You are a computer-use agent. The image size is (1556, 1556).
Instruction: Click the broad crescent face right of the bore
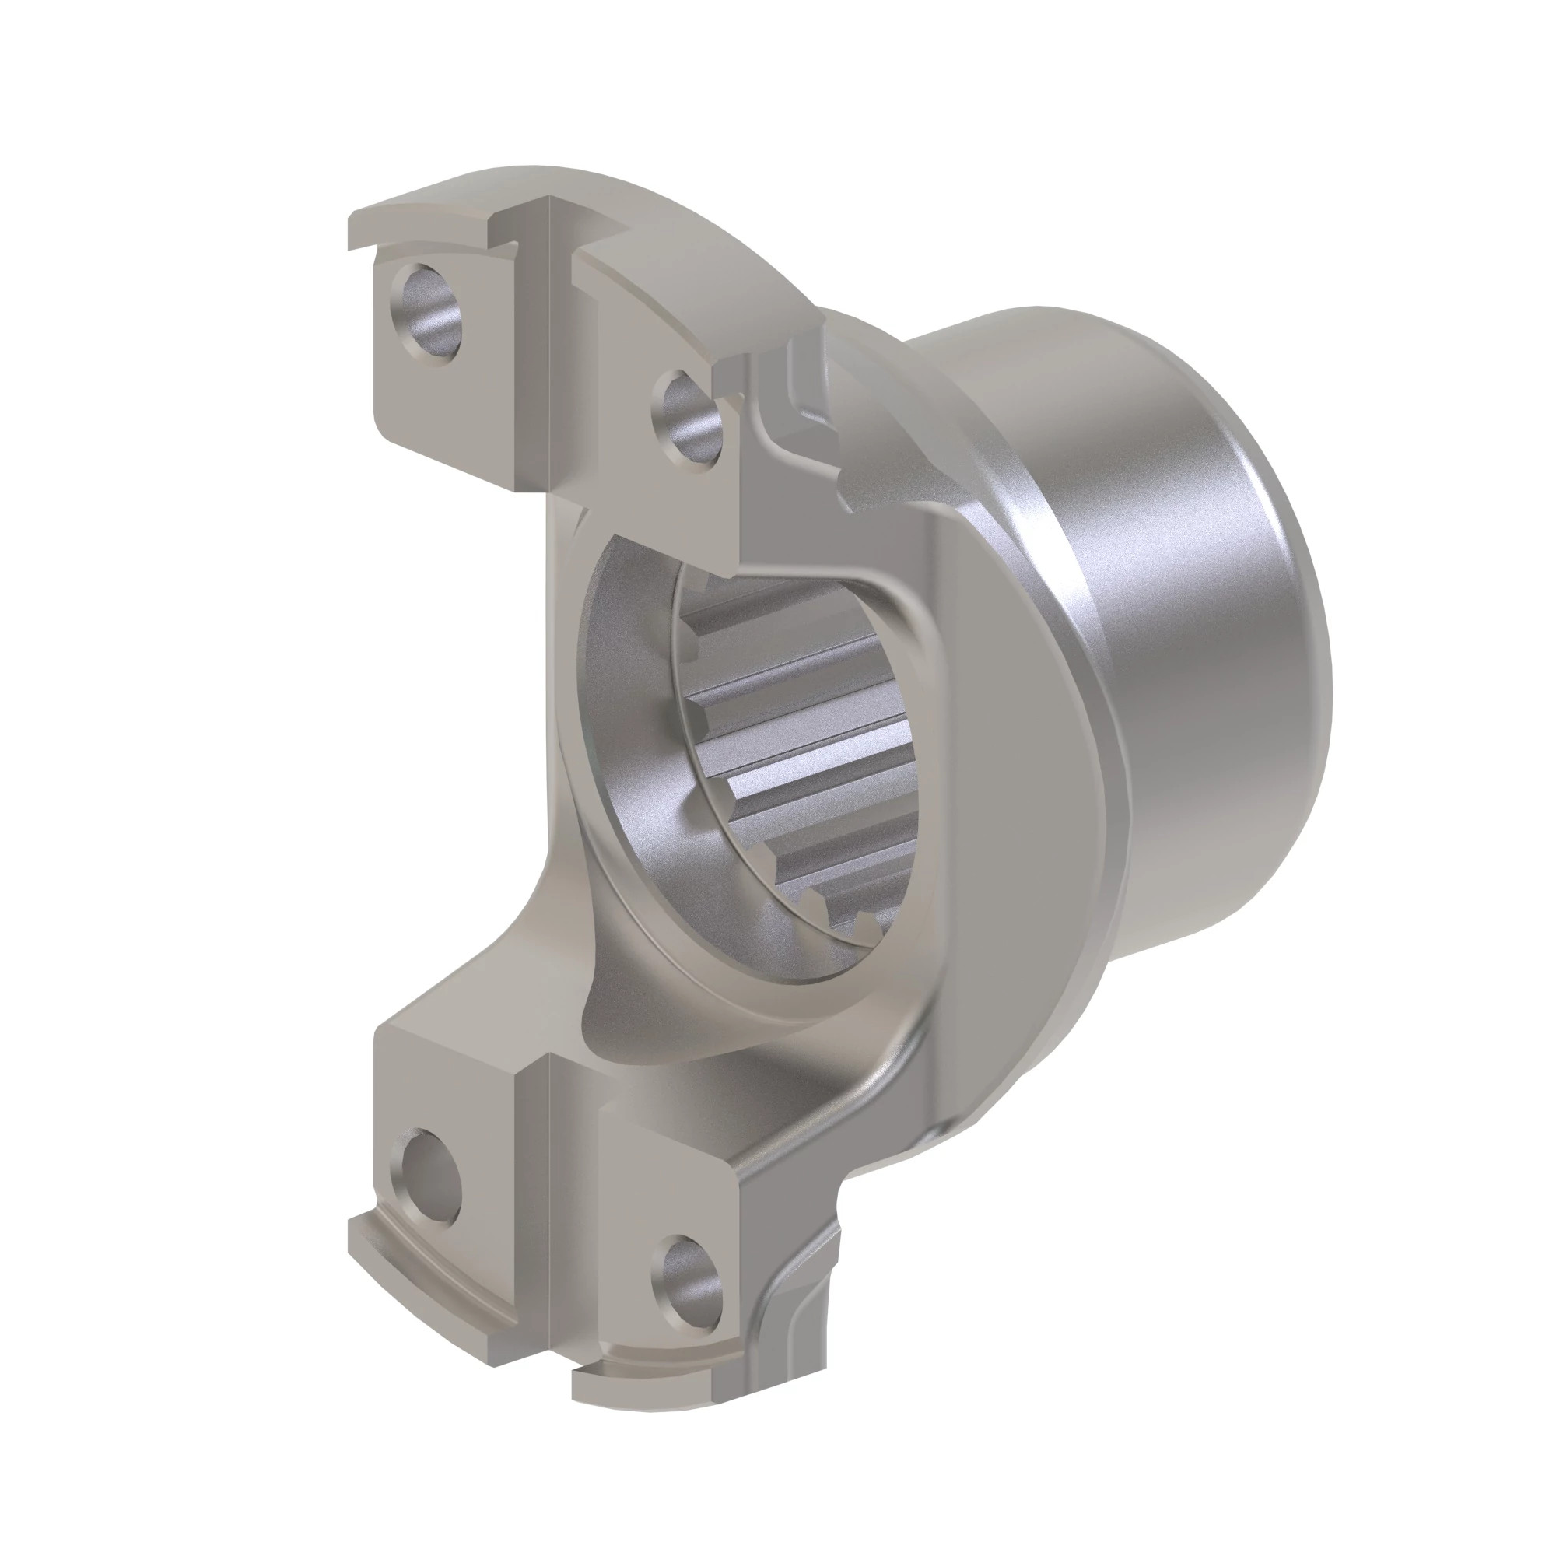click(x=1007, y=805)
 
